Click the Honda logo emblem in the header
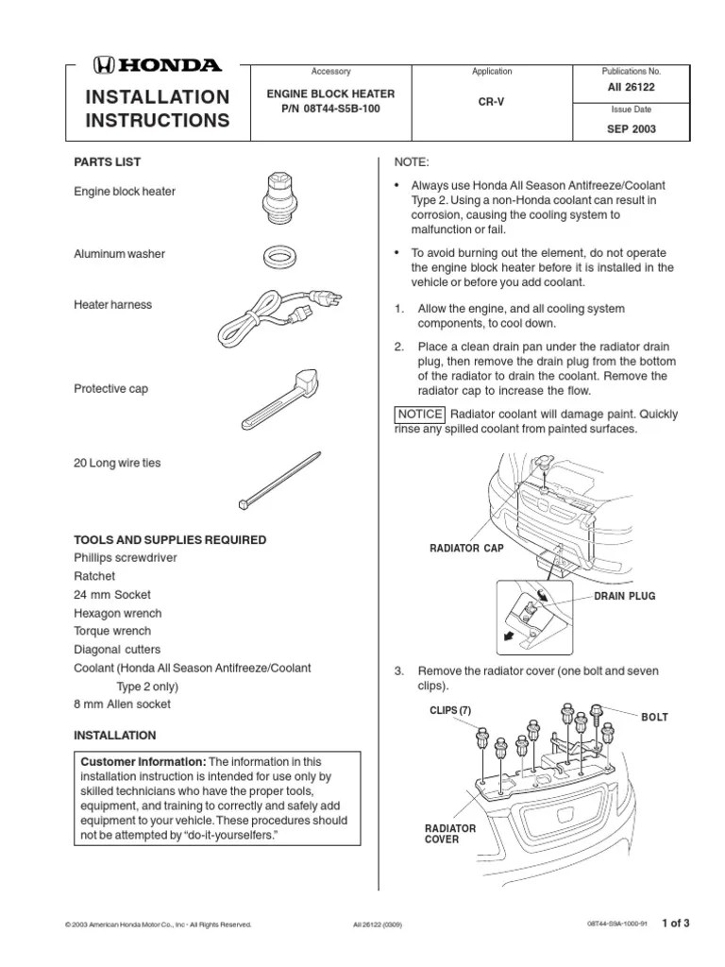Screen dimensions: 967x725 (103, 66)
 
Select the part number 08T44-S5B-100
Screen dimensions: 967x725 (329, 109)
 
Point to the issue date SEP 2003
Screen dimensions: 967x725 (631, 129)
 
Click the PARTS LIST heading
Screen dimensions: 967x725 (108, 162)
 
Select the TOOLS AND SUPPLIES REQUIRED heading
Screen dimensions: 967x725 (170, 540)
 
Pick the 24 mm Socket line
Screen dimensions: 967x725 (111, 595)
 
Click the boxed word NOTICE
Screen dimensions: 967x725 (419, 414)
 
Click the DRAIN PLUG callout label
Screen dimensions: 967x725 (624, 597)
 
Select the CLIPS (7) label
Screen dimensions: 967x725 (448, 709)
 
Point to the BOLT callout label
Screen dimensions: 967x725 (654, 718)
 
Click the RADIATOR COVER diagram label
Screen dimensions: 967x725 (450, 834)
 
